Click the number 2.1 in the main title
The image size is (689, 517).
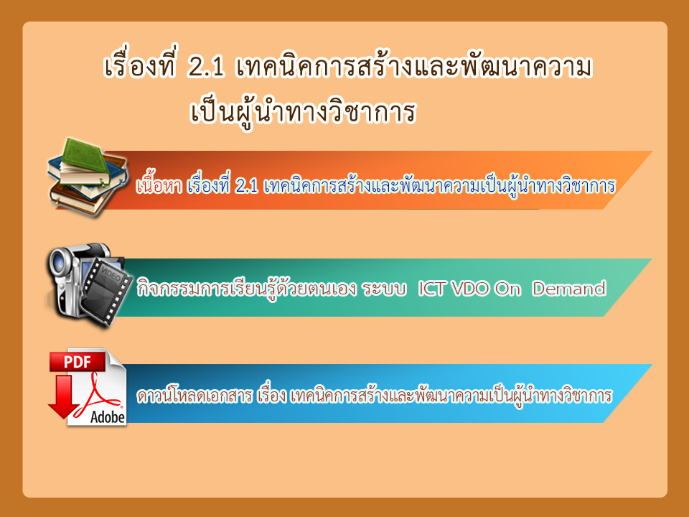[206, 68]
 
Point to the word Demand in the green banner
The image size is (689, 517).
[568, 289]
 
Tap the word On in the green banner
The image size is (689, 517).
[507, 289]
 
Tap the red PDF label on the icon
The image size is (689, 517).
[78, 362]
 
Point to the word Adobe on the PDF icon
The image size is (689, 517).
[108, 416]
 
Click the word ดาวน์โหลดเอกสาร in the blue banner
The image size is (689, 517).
[195, 395]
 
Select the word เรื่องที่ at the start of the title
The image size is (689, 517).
[140, 67]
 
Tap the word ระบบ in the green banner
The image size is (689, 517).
[384, 289]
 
